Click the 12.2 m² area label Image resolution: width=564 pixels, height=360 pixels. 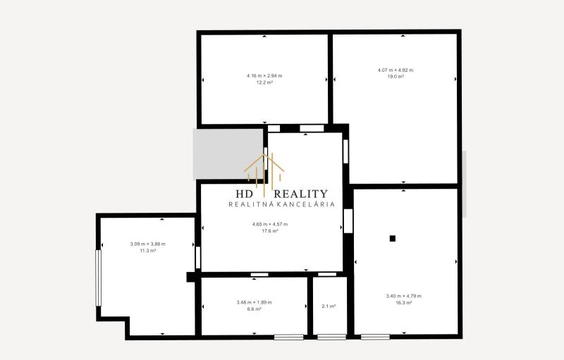pos(264,82)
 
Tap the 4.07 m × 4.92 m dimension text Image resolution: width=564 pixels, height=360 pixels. pos(396,70)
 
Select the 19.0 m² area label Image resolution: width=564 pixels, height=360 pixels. pos(396,76)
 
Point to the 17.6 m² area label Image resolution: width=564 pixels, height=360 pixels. pos(270,230)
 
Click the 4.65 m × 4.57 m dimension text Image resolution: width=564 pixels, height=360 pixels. pos(270,224)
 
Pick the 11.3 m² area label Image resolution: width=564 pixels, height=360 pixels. pos(148,250)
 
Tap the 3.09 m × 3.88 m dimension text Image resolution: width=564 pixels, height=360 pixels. pos(148,244)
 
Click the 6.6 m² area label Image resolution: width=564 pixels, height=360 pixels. pos(254,309)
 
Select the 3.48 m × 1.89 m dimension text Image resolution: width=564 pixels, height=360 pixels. pos(254,302)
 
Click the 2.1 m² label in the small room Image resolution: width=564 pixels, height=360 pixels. pos(329,306)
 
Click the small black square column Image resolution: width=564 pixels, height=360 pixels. pos(393,238)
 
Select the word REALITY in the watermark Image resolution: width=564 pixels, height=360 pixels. pos(300,194)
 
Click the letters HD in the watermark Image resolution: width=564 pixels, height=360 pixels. pos(245,194)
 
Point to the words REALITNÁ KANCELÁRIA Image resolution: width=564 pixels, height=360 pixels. pos(281,204)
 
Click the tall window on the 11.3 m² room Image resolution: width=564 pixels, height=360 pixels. pos(99,278)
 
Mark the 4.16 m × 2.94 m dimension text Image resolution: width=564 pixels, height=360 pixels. pos(264,76)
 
